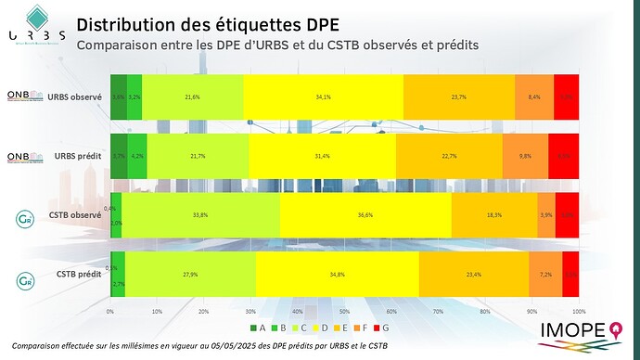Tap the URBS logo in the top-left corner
(36, 29)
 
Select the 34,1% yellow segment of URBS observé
(325, 96)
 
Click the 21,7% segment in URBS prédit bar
(198, 156)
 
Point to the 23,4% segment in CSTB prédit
(473, 275)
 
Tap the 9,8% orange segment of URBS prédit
(526, 156)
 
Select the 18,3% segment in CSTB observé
(494, 214)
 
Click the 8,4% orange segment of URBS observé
(534, 96)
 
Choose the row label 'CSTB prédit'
(79, 275)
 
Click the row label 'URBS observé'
(76, 96)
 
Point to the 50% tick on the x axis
(344, 311)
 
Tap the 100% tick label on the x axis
(579, 311)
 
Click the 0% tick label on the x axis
(110, 311)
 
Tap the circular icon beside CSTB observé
(24, 219)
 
